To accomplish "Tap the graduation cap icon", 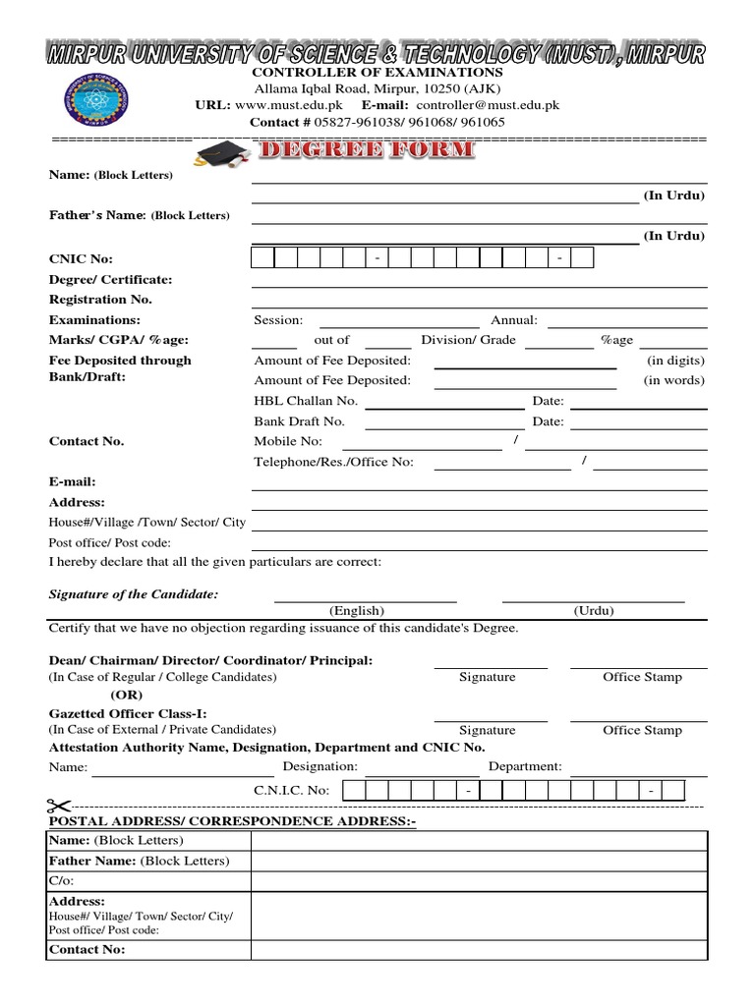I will click(x=221, y=153).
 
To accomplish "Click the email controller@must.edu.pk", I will click(x=488, y=105).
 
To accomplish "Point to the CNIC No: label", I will click(x=81, y=258).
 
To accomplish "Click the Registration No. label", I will click(x=100, y=300).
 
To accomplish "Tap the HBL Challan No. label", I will click(x=306, y=401).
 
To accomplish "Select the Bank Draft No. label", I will click(x=299, y=421).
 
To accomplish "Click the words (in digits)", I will click(x=675, y=361).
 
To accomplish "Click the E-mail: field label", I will click(x=73, y=481).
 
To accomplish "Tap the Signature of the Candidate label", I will click(x=134, y=594).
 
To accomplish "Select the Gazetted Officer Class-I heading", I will click(x=128, y=713).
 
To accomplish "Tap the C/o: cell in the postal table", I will click(x=60, y=881).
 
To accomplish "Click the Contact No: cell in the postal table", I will click(x=87, y=950).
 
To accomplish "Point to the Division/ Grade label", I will click(x=468, y=340).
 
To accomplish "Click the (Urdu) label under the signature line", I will click(x=594, y=610).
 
